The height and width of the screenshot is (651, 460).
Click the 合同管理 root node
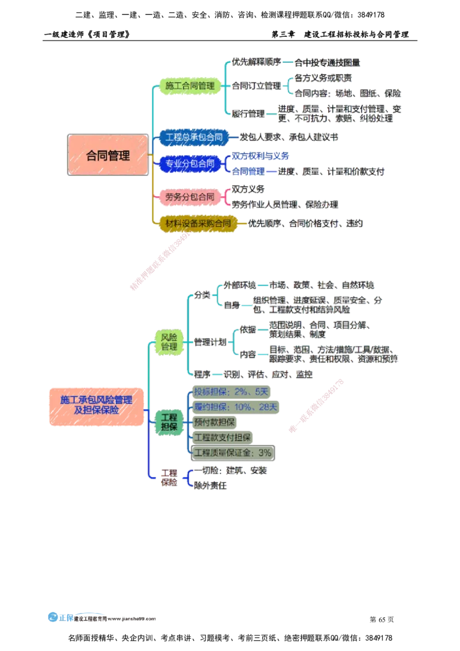[108, 155]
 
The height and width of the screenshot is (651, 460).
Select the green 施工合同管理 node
[189, 86]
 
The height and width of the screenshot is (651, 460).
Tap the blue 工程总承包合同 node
[194, 137]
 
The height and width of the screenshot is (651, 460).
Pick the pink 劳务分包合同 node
[189, 197]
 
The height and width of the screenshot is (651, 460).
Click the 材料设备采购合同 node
[198, 223]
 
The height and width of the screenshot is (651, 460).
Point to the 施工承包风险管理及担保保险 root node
[96, 405]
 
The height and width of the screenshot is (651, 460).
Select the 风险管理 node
[168, 342]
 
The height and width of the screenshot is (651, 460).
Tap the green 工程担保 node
[168, 422]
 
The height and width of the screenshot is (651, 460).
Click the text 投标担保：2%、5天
[231, 392]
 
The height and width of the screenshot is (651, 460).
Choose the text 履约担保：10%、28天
[235, 407]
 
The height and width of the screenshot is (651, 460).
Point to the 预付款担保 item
[214, 423]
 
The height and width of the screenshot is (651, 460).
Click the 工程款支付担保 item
[222, 438]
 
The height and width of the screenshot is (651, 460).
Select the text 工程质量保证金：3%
[232, 453]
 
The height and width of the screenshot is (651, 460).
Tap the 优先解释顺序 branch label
[255, 62]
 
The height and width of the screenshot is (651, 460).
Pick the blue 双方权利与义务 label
[260, 156]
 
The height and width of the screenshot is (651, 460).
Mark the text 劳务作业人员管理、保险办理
[285, 204]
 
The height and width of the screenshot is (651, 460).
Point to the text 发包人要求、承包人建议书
[289, 137]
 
